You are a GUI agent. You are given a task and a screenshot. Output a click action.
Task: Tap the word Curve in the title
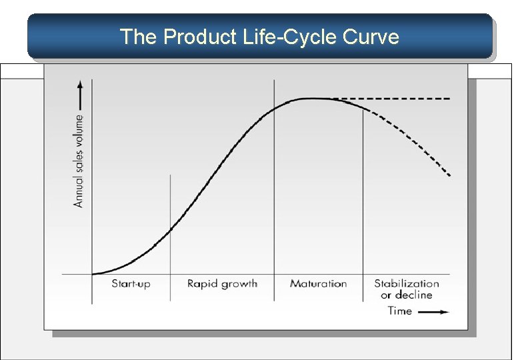coord(370,37)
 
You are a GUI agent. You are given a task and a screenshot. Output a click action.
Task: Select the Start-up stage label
coord(131,284)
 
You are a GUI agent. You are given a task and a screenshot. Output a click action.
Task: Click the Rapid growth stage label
coord(222,284)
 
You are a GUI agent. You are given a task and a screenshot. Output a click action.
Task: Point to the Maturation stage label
coord(318,284)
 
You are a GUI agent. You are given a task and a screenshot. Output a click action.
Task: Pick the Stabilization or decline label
coord(407,289)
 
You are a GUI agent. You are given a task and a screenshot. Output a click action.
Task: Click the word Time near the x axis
coord(400,311)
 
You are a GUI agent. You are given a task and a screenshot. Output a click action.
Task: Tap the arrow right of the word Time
coord(435,311)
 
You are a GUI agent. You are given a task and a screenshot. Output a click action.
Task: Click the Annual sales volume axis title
coord(79,161)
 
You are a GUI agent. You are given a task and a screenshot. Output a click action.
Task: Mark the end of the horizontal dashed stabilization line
coord(450,99)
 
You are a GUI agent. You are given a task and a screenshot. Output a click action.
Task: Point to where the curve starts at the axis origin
coord(93,273)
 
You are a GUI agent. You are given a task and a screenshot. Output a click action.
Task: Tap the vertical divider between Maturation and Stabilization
coord(363,200)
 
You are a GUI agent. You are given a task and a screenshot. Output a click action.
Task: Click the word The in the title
coord(138,37)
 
